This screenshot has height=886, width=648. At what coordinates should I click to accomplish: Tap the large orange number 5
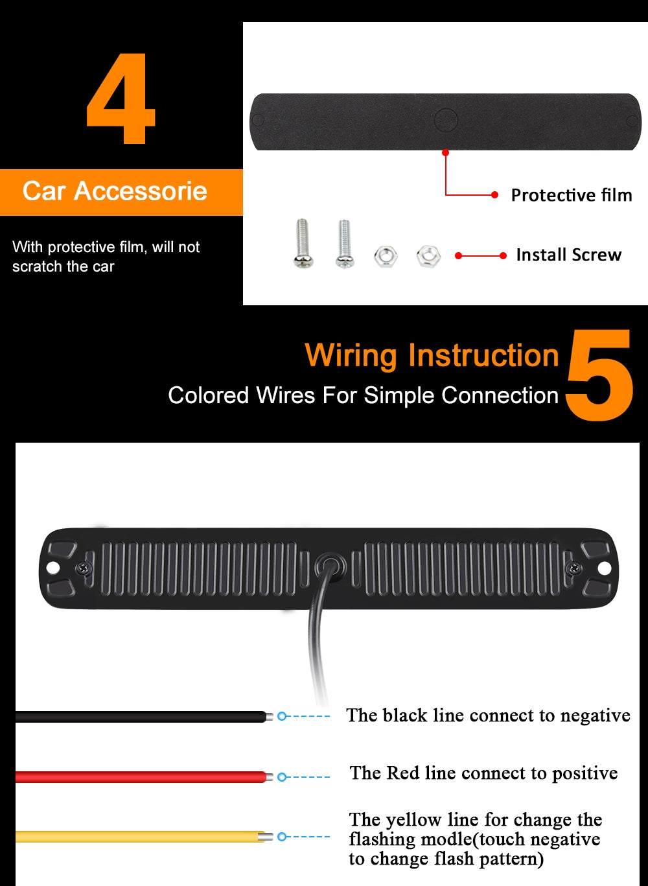pyautogui.click(x=599, y=375)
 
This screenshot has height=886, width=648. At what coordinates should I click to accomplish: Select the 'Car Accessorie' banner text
pyautogui.click(x=115, y=191)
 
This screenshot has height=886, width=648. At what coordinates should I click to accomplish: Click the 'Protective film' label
pyautogui.click(x=572, y=195)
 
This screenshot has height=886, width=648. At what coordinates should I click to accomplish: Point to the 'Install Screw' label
pyautogui.click(x=568, y=255)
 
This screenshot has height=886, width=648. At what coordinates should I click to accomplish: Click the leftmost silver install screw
pyautogui.click(x=303, y=243)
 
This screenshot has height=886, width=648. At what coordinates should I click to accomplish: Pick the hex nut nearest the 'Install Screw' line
pyautogui.click(x=428, y=256)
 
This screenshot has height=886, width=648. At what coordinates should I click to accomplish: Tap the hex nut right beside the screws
pyautogui.click(x=386, y=256)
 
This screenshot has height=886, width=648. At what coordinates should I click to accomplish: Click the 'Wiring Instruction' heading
pyautogui.click(x=432, y=356)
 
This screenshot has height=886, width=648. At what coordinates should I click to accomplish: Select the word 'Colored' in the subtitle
pyautogui.click(x=208, y=395)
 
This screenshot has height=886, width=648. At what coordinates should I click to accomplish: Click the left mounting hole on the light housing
pyautogui.click(x=52, y=568)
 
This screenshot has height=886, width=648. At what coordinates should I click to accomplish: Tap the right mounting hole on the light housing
pyautogui.click(x=604, y=568)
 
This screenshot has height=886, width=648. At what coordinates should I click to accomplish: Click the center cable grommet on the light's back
pyautogui.click(x=330, y=568)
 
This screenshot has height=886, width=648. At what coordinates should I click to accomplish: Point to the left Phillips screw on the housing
pyautogui.click(x=84, y=568)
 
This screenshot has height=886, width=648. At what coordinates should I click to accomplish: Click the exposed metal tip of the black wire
pyautogui.click(x=269, y=716)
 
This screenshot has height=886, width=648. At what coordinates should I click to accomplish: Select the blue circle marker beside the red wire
pyautogui.click(x=281, y=777)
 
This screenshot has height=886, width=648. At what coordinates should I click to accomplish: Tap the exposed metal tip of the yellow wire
pyautogui.click(x=265, y=837)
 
